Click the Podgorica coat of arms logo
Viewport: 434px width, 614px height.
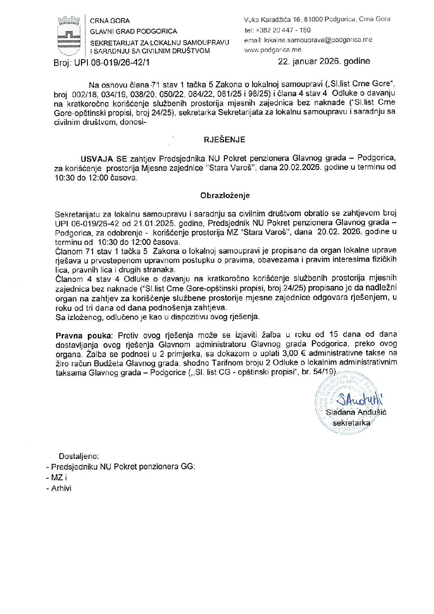coord(69,36)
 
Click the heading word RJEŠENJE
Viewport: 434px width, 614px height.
coord(224,139)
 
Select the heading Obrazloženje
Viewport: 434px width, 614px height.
coord(225,196)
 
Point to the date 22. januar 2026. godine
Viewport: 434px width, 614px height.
coord(324,62)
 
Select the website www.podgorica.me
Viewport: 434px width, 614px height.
coord(272,50)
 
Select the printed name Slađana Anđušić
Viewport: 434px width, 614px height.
coord(356,412)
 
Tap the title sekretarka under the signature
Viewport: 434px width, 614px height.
coord(351,423)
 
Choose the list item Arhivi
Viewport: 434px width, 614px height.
coord(61,488)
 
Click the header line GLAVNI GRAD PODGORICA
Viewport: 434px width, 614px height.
coord(133,31)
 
